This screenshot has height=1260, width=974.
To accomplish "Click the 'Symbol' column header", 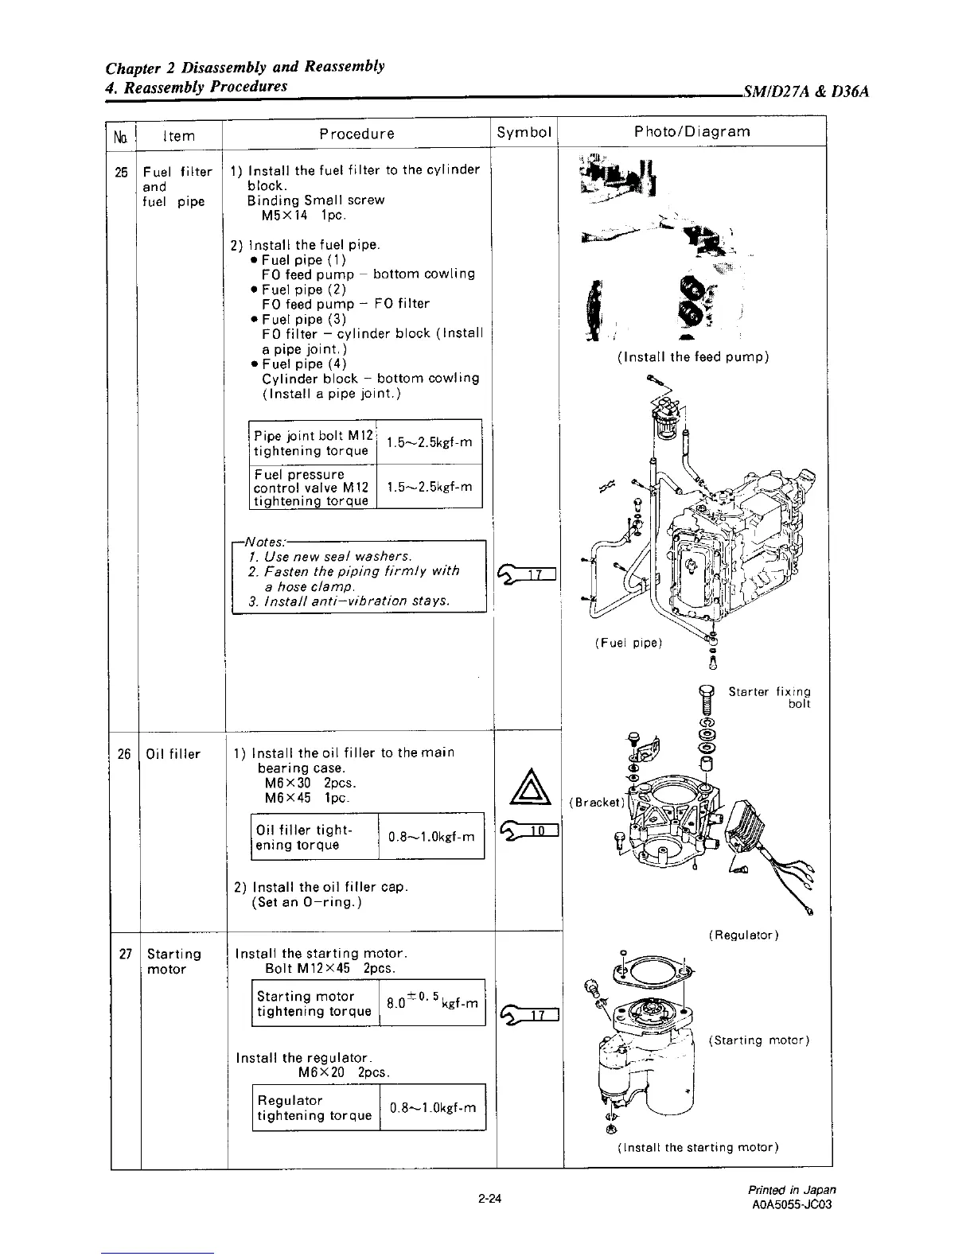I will coord(524,132).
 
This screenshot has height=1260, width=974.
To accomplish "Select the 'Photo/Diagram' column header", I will coord(692,131).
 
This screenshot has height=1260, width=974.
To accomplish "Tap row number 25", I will coord(123,172).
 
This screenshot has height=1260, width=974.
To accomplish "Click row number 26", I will coord(123,753).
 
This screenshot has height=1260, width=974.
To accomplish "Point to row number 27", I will coord(125,954).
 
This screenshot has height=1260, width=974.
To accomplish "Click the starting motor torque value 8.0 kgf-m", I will coord(432,1002).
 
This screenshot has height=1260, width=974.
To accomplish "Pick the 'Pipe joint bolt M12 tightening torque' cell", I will coord(311,443).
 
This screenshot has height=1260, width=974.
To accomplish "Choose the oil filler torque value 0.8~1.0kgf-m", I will coord(431,837).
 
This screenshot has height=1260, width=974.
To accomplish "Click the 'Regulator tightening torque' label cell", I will coord(314,1107).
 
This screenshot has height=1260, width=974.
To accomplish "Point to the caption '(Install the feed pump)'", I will coord(692,357).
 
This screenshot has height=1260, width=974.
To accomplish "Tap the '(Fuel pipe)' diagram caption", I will coord(628,642).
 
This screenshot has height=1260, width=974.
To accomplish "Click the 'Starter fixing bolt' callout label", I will coord(769,698).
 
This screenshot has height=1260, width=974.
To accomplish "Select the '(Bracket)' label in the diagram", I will coord(594,802).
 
